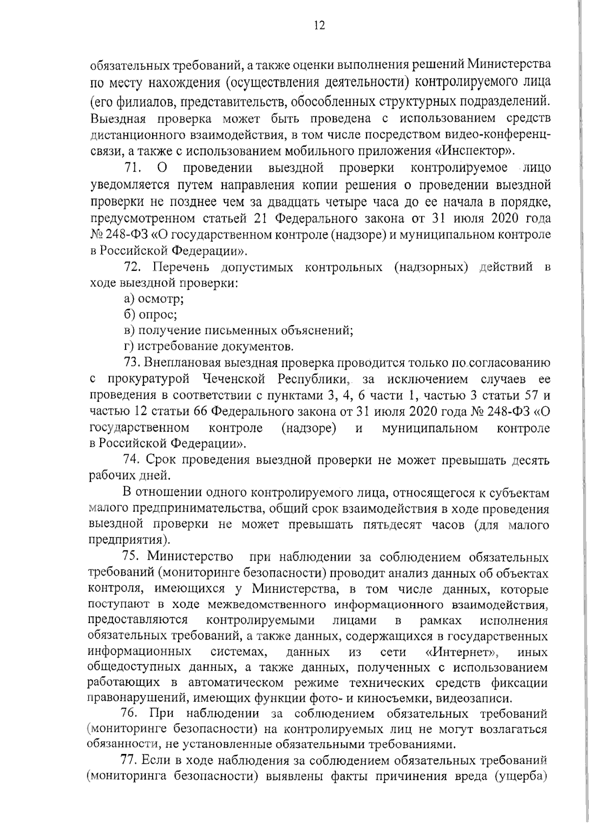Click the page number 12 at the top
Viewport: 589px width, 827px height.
pos(319,26)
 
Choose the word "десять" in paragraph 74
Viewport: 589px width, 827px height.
pos(531,461)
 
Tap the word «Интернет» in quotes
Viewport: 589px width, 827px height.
pos(460,653)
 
